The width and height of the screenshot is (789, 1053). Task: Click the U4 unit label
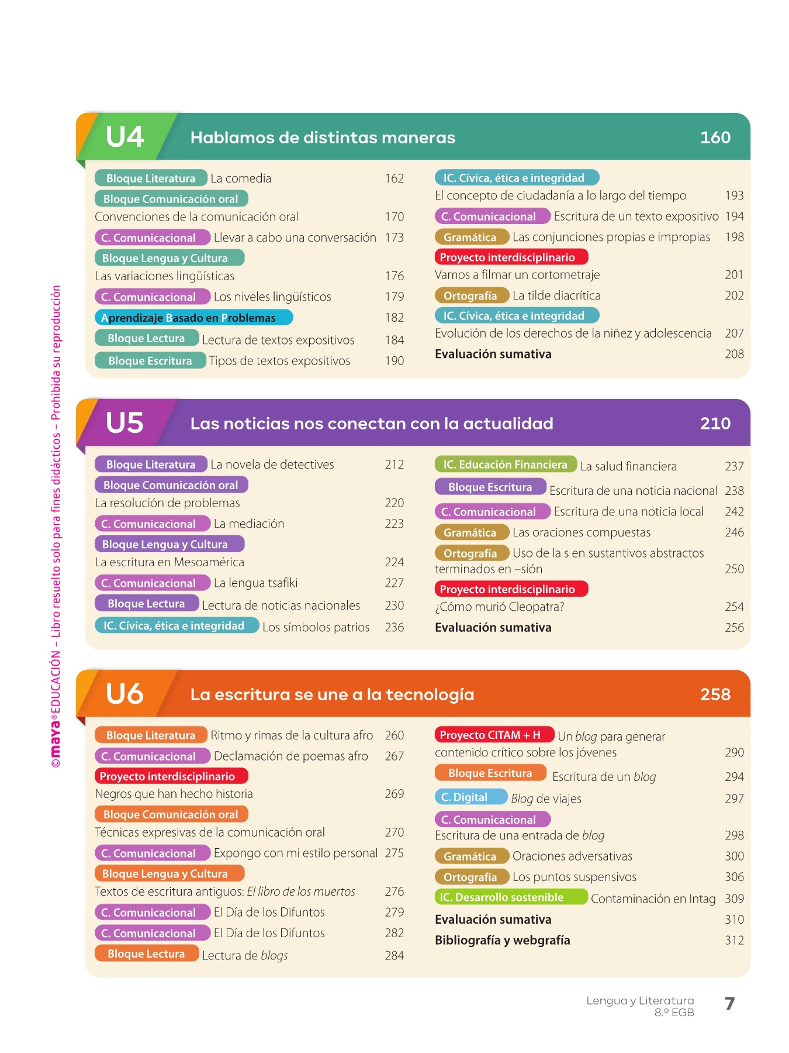[x=124, y=137]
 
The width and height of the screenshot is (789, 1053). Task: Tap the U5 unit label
[x=124, y=423]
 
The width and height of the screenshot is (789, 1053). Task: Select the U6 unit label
[x=124, y=694]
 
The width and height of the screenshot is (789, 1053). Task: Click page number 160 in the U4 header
[x=715, y=137]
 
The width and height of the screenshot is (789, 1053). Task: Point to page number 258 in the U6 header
[x=715, y=694]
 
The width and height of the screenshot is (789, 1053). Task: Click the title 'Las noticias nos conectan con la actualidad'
[x=372, y=424]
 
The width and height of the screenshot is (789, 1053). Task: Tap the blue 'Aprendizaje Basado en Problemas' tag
[x=193, y=318]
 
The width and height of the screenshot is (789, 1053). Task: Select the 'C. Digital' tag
[x=471, y=797]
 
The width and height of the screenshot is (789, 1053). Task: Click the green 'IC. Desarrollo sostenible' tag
[x=510, y=897]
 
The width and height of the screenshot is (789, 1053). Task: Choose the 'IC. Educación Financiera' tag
[x=506, y=464]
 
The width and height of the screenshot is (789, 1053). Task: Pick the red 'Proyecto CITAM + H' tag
[x=494, y=735]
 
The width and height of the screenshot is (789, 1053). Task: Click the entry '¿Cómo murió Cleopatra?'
[x=500, y=607]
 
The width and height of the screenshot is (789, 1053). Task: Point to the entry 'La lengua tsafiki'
[x=256, y=583]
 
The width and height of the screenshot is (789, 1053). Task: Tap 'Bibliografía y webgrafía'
[x=503, y=940]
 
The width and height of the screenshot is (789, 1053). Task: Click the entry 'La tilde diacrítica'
[x=556, y=295]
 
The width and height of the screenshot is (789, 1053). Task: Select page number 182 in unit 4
[x=394, y=318]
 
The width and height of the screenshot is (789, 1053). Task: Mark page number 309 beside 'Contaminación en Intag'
[x=734, y=899]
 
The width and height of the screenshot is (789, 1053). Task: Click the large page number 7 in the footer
[x=729, y=1004]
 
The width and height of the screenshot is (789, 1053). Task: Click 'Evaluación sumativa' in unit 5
[x=493, y=627]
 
